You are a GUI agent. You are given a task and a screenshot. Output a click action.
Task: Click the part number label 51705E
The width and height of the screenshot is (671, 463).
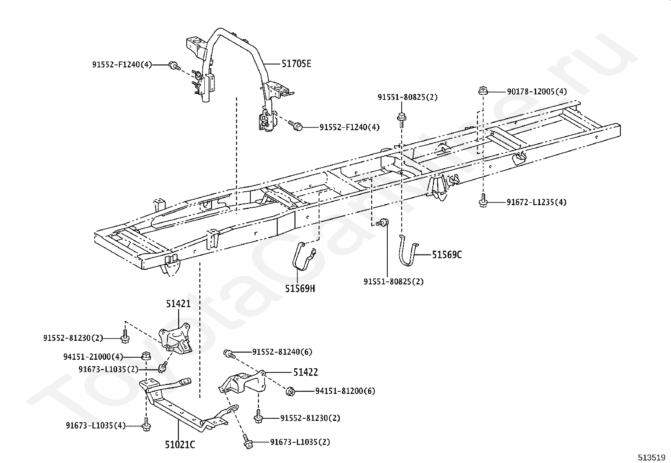click(296, 64)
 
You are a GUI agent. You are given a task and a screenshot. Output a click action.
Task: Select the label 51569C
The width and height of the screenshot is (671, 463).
click(447, 254)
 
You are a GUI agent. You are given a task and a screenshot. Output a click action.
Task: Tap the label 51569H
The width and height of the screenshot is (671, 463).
click(300, 289)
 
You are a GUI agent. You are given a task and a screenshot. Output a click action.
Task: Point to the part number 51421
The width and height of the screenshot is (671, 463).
click(178, 304)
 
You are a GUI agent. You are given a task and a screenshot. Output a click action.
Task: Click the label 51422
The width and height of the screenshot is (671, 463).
click(306, 372)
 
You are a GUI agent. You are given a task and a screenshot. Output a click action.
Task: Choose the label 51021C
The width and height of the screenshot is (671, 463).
click(180, 444)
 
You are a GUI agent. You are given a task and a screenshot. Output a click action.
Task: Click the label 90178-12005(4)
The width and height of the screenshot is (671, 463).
click(537, 91)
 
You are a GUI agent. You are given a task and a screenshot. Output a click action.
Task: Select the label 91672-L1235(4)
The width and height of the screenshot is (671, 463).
click(537, 202)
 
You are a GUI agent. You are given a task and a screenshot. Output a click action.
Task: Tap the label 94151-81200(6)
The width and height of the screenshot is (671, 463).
click(345, 391)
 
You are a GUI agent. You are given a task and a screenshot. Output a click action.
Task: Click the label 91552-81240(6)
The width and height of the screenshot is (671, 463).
click(282, 352)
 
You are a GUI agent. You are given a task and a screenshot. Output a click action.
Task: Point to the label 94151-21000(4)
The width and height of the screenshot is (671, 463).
click(93, 357)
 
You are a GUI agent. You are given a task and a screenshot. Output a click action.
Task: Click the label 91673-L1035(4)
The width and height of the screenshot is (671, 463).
click(96, 426)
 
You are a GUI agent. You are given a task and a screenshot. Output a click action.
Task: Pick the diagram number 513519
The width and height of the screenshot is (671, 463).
click(651, 457)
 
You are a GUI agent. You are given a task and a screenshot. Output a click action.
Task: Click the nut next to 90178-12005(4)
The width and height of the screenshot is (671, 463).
click(483, 91)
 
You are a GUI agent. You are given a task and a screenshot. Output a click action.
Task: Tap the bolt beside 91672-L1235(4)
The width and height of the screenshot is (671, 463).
click(483, 201)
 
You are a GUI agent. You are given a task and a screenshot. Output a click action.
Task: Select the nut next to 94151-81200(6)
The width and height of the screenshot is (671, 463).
click(290, 391)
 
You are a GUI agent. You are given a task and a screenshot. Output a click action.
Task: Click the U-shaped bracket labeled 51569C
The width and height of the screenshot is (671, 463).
click(408, 253)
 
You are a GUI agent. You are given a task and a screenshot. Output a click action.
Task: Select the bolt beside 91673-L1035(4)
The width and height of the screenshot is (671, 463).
click(146, 425)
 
